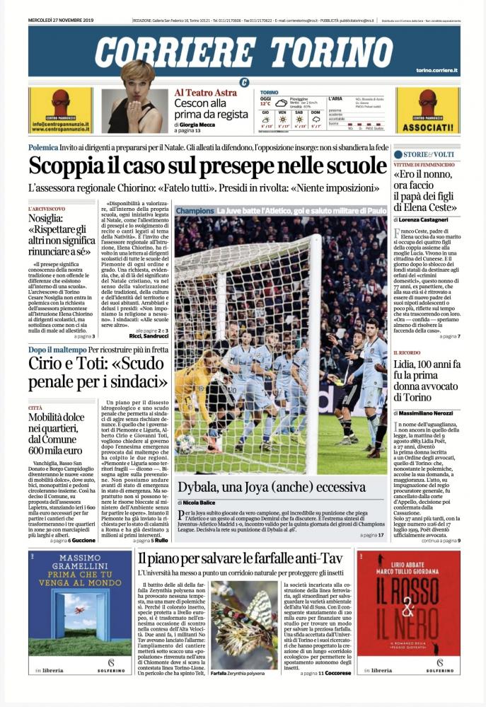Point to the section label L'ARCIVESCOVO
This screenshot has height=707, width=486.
click(x=47, y=209)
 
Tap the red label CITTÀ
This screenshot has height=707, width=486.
click(x=35, y=408)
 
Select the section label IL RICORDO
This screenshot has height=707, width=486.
click(x=408, y=352)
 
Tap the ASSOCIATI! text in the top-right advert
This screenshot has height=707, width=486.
click(x=427, y=129)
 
